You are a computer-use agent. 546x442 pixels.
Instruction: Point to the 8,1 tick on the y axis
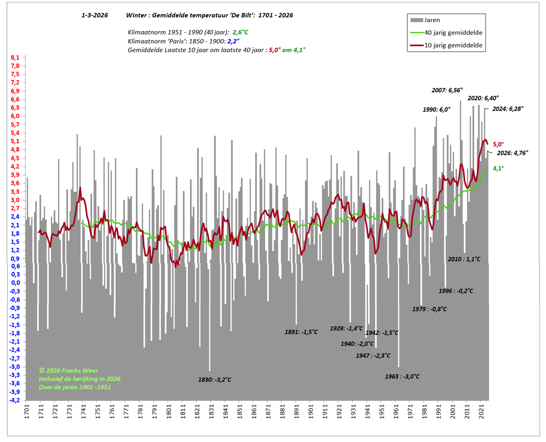pos(15,58)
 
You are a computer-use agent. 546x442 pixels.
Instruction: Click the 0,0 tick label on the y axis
pos(15,283)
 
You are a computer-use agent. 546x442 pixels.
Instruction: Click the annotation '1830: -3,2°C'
pos(215,380)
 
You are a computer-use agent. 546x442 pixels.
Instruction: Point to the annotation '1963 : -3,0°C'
pos(402,376)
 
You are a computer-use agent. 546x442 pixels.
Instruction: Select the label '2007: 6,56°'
pos(447,90)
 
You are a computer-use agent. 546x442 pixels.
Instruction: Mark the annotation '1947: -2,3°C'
pos(373,355)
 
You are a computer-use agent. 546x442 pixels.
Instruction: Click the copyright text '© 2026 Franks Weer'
pos(70,370)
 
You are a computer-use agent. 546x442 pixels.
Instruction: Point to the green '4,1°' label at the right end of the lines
pos(498,168)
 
